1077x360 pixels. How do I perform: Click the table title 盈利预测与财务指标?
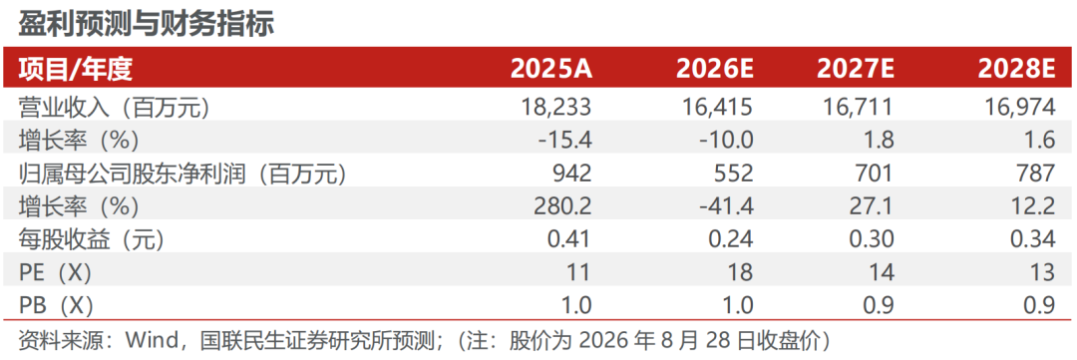[146, 25]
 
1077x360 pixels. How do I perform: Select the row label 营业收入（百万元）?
[114, 108]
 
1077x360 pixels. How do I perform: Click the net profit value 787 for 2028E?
[1035, 174]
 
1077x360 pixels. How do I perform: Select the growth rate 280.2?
[561, 206]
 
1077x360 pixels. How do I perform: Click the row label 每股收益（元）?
[92, 239]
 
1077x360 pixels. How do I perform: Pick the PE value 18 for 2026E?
[740, 273]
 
